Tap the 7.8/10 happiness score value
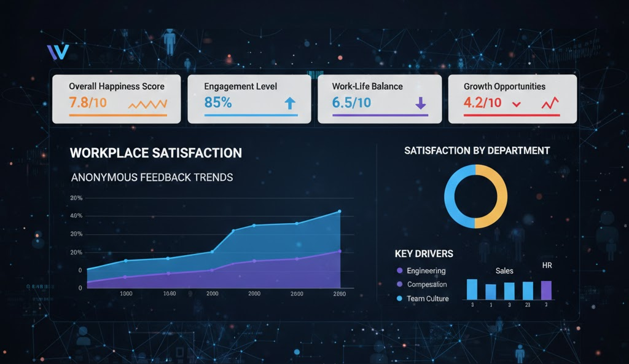(x=88, y=103)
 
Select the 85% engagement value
(x=218, y=103)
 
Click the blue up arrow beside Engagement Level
(x=291, y=104)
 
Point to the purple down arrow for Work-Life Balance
(x=421, y=104)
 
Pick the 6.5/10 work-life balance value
(x=351, y=103)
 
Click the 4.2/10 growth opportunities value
(x=483, y=103)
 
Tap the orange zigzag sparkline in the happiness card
(x=147, y=104)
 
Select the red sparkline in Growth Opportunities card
(x=550, y=104)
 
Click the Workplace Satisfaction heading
(x=156, y=153)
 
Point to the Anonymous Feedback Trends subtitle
(x=152, y=177)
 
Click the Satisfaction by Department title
(x=477, y=151)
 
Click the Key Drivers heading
(x=424, y=253)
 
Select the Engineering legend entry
(x=425, y=271)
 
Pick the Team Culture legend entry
(x=427, y=299)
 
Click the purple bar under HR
(x=546, y=290)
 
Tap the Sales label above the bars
(x=504, y=271)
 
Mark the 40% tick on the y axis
(x=77, y=216)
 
